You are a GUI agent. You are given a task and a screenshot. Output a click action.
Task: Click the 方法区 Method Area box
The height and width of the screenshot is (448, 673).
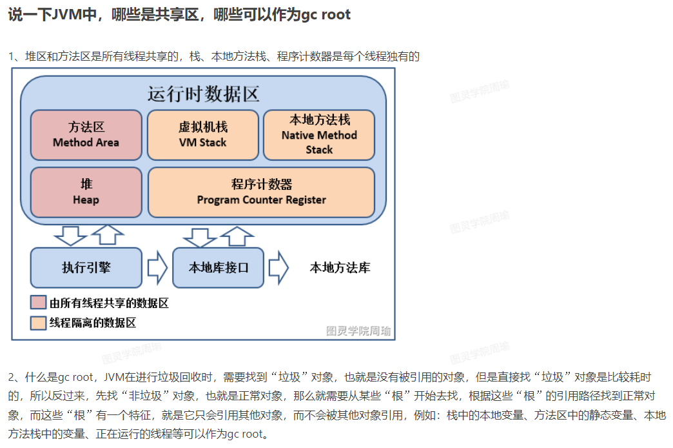[86, 135]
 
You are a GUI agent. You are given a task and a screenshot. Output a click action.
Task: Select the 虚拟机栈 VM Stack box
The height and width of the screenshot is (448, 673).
[203, 135]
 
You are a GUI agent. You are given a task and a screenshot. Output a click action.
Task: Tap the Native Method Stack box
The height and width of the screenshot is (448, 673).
[319, 135]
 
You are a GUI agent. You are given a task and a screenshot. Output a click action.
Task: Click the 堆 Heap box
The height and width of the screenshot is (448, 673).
[86, 192]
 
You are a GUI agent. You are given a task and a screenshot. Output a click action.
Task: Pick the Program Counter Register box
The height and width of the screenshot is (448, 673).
[261, 192]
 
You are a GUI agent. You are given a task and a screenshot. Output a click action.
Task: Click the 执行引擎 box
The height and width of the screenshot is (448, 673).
[86, 267]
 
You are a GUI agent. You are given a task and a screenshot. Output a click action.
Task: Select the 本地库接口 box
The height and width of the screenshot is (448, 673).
[219, 267]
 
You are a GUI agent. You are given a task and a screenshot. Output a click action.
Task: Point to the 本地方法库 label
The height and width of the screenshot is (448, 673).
[340, 267]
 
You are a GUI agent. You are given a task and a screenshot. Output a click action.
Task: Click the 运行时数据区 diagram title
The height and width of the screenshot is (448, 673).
[204, 94]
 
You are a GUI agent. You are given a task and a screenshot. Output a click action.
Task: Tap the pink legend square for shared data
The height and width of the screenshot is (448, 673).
[38, 302]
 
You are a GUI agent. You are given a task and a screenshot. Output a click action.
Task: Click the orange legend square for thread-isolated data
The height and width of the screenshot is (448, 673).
[38, 323]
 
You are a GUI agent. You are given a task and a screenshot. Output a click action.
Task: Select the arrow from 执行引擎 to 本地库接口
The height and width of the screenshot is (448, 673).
[157, 267]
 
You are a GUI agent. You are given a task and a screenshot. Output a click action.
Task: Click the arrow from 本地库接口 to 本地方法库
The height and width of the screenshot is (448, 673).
[279, 267]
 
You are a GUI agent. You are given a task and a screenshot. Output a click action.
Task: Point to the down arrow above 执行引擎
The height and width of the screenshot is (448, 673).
[70, 236]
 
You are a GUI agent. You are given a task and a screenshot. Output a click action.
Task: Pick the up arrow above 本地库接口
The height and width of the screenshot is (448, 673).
[237, 236]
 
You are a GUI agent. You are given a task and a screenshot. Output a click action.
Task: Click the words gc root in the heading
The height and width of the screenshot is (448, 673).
[326, 15]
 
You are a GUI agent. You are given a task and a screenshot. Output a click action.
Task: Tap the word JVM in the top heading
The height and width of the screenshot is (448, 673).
[68, 15]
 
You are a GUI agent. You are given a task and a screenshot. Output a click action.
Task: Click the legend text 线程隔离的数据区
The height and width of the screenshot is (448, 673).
[93, 323]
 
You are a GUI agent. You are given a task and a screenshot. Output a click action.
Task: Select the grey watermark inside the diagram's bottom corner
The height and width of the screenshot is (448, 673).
[358, 331]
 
